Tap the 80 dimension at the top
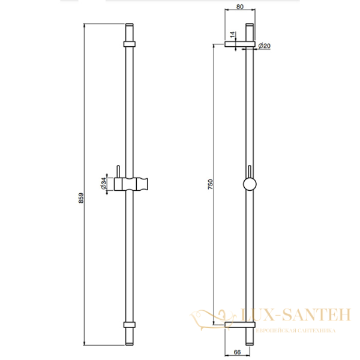239,7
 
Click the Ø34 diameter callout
103,184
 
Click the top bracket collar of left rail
129,43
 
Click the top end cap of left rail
129,28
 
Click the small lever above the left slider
119,172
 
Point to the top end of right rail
250,28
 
